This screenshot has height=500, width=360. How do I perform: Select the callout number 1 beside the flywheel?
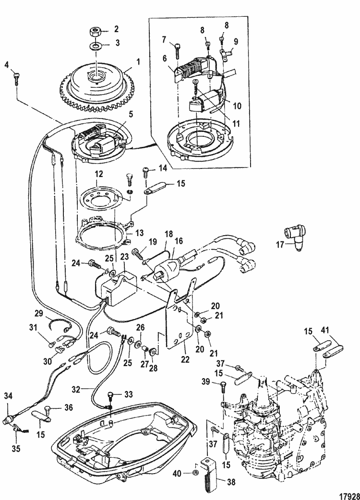[138, 61]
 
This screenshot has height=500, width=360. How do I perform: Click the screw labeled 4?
[17, 76]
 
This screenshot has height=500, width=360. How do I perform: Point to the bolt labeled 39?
[224, 384]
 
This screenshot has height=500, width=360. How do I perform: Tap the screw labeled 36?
[48, 409]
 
